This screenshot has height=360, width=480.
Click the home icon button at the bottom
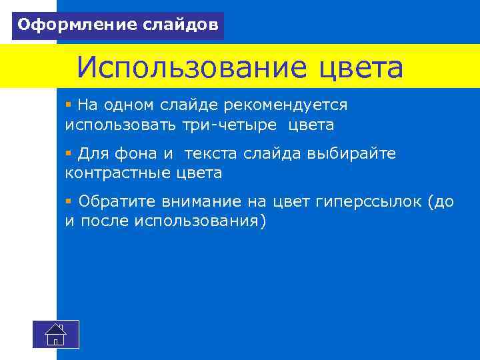[x=56, y=334]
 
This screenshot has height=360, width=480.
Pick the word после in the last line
[x=105, y=221]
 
